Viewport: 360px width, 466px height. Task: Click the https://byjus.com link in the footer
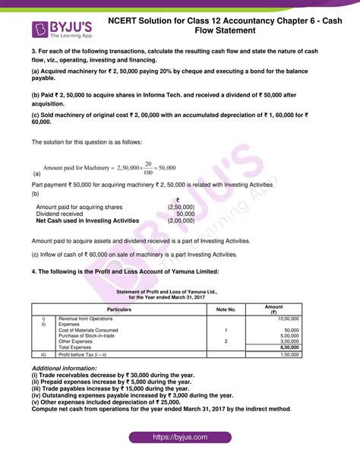point(179,438)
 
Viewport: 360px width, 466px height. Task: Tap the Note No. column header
point(226,310)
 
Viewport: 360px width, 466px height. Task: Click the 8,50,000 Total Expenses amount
point(288,347)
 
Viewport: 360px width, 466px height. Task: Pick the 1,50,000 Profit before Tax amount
point(288,354)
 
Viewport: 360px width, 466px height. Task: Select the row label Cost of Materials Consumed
point(88,330)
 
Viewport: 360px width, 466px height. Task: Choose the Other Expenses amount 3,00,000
point(288,341)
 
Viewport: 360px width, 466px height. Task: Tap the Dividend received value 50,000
point(185,214)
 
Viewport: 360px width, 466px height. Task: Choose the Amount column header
point(273,309)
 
